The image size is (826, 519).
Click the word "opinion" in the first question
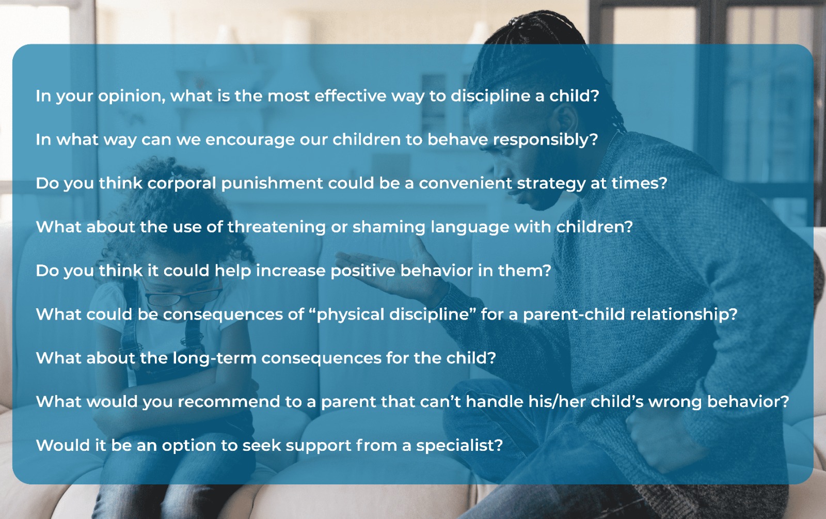click(132, 97)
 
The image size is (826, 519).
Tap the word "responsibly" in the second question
click(545, 140)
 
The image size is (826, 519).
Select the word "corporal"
click(182, 184)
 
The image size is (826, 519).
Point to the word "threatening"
click(277, 227)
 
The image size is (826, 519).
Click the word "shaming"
click(389, 227)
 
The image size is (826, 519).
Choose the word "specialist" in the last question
click(459, 446)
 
